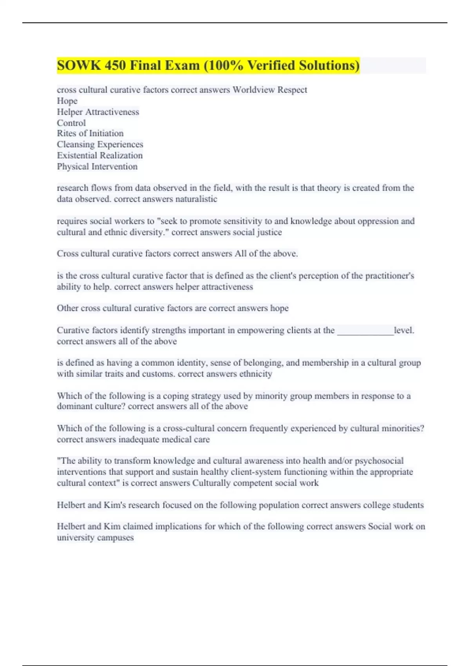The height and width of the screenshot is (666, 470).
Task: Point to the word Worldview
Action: point(253,90)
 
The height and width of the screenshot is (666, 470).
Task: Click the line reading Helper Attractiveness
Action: point(98,112)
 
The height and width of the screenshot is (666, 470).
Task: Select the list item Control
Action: point(71,123)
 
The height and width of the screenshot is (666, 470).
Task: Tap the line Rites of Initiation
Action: point(90,134)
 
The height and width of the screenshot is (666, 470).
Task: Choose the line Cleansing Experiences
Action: point(100,145)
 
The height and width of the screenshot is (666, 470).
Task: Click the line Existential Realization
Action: point(100,156)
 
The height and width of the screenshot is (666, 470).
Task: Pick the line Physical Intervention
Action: point(97,166)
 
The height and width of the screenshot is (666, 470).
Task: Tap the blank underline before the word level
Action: point(365,331)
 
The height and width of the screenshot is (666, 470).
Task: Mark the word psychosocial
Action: point(379,461)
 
